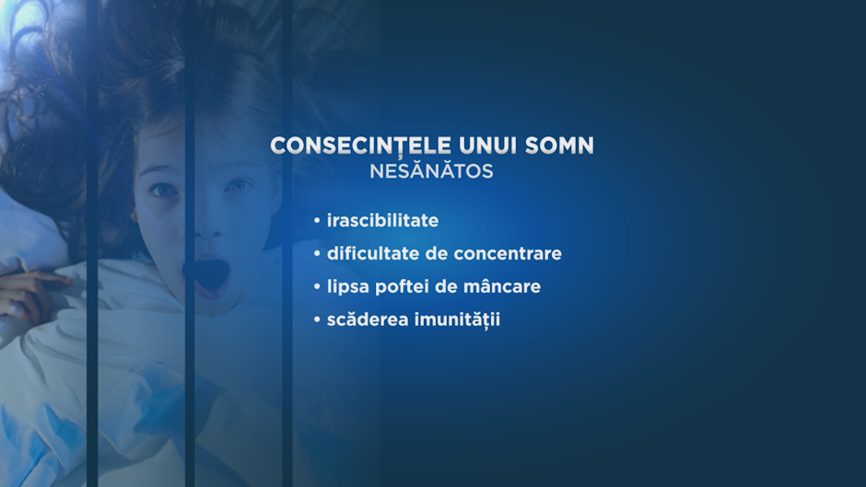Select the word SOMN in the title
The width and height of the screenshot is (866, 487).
pyautogui.click(x=559, y=145)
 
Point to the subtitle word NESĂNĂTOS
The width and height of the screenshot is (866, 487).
pyautogui.click(x=431, y=170)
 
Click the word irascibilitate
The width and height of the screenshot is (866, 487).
pyautogui.click(x=382, y=220)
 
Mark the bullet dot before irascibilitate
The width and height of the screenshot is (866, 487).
pyautogui.click(x=317, y=221)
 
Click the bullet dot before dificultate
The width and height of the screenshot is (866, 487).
pyautogui.click(x=317, y=254)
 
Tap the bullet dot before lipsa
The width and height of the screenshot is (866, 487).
pyautogui.click(x=317, y=287)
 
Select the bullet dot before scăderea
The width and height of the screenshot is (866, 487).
pyautogui.click(x=317, y=320)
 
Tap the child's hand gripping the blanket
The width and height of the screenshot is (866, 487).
pyautogui.click(x=29, y=292)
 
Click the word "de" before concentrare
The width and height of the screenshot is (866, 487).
pyautogui.click(x=441, y=253)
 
